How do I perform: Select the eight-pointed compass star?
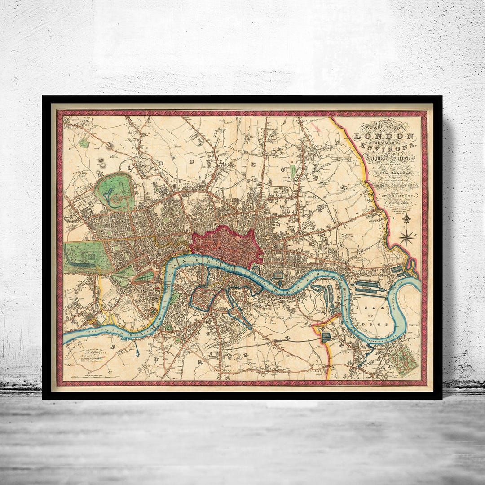(407, 237)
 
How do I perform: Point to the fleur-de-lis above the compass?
(407, 219)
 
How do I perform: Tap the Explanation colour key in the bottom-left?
(95, 355)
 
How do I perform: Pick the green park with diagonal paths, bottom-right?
(403, 360)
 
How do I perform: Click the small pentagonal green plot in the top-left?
(84, 143)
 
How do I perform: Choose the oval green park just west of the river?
(144, 276)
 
